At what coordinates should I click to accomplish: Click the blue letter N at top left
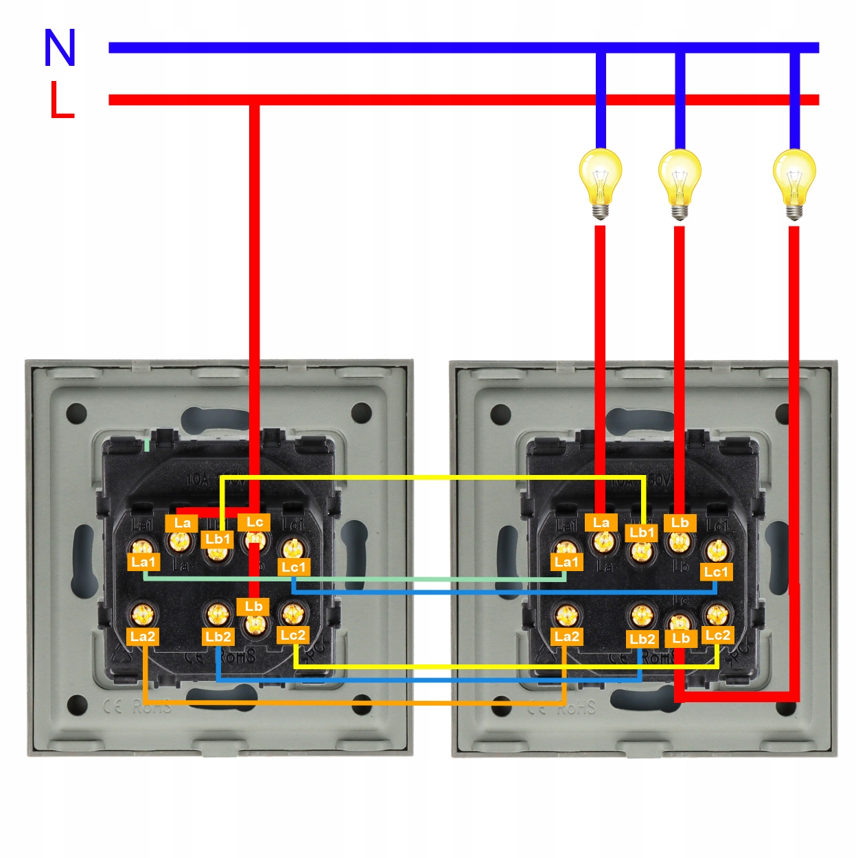coord(60,48)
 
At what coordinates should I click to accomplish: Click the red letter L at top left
coord(61,100)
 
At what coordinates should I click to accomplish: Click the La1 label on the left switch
coord(143,562)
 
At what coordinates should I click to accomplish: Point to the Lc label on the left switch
coord(255,522)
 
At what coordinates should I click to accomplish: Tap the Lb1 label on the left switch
coord(218,540)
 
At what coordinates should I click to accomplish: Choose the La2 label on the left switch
coord(143,636)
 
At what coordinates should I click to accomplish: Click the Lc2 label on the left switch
coord(293,636)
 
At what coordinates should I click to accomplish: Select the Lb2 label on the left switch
coord(218,637)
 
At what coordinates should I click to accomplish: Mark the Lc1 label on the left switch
coord(294,567)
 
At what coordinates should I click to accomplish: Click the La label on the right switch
coord(601,523)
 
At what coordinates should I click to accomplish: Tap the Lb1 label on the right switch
coord(642,533)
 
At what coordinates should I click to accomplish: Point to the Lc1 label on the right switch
coord(716,572)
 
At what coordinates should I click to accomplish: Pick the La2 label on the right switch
coord(566,637)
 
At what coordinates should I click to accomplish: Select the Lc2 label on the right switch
coord(717,635)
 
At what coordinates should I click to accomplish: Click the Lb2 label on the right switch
coord(642,639)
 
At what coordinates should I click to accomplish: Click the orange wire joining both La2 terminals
coord(353,703)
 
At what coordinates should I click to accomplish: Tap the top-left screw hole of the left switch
coord(76,414)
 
